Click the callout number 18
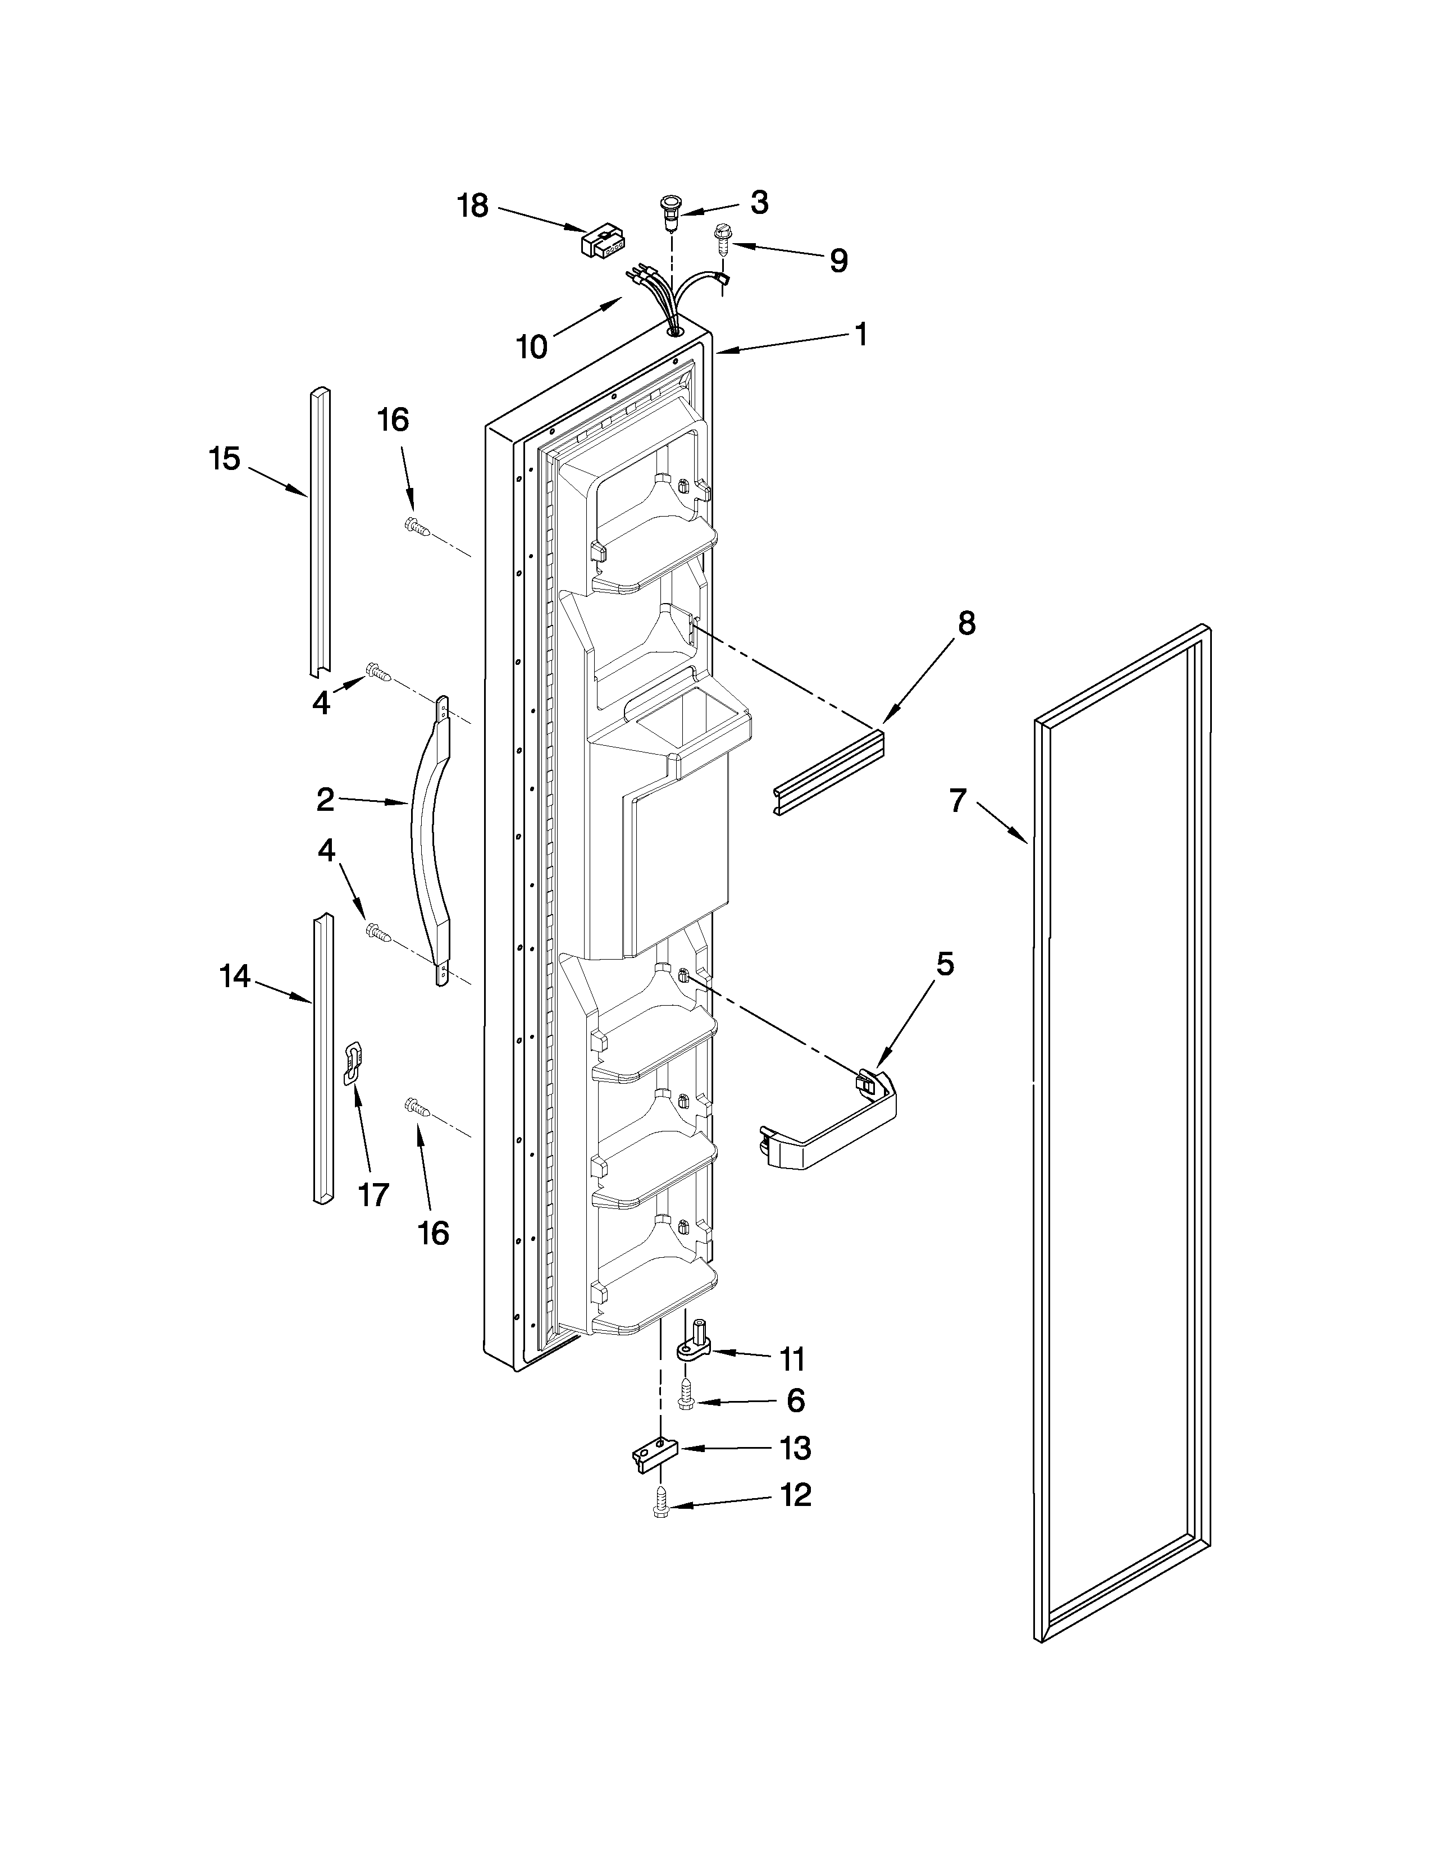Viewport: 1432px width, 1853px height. coord(473,206)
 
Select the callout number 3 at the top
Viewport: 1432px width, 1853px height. coord(759,202)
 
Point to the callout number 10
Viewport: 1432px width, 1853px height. coord(533,346)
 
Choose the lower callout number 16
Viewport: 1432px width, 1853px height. coord(434,1232)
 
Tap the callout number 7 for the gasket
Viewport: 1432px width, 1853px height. coord(958,800)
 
